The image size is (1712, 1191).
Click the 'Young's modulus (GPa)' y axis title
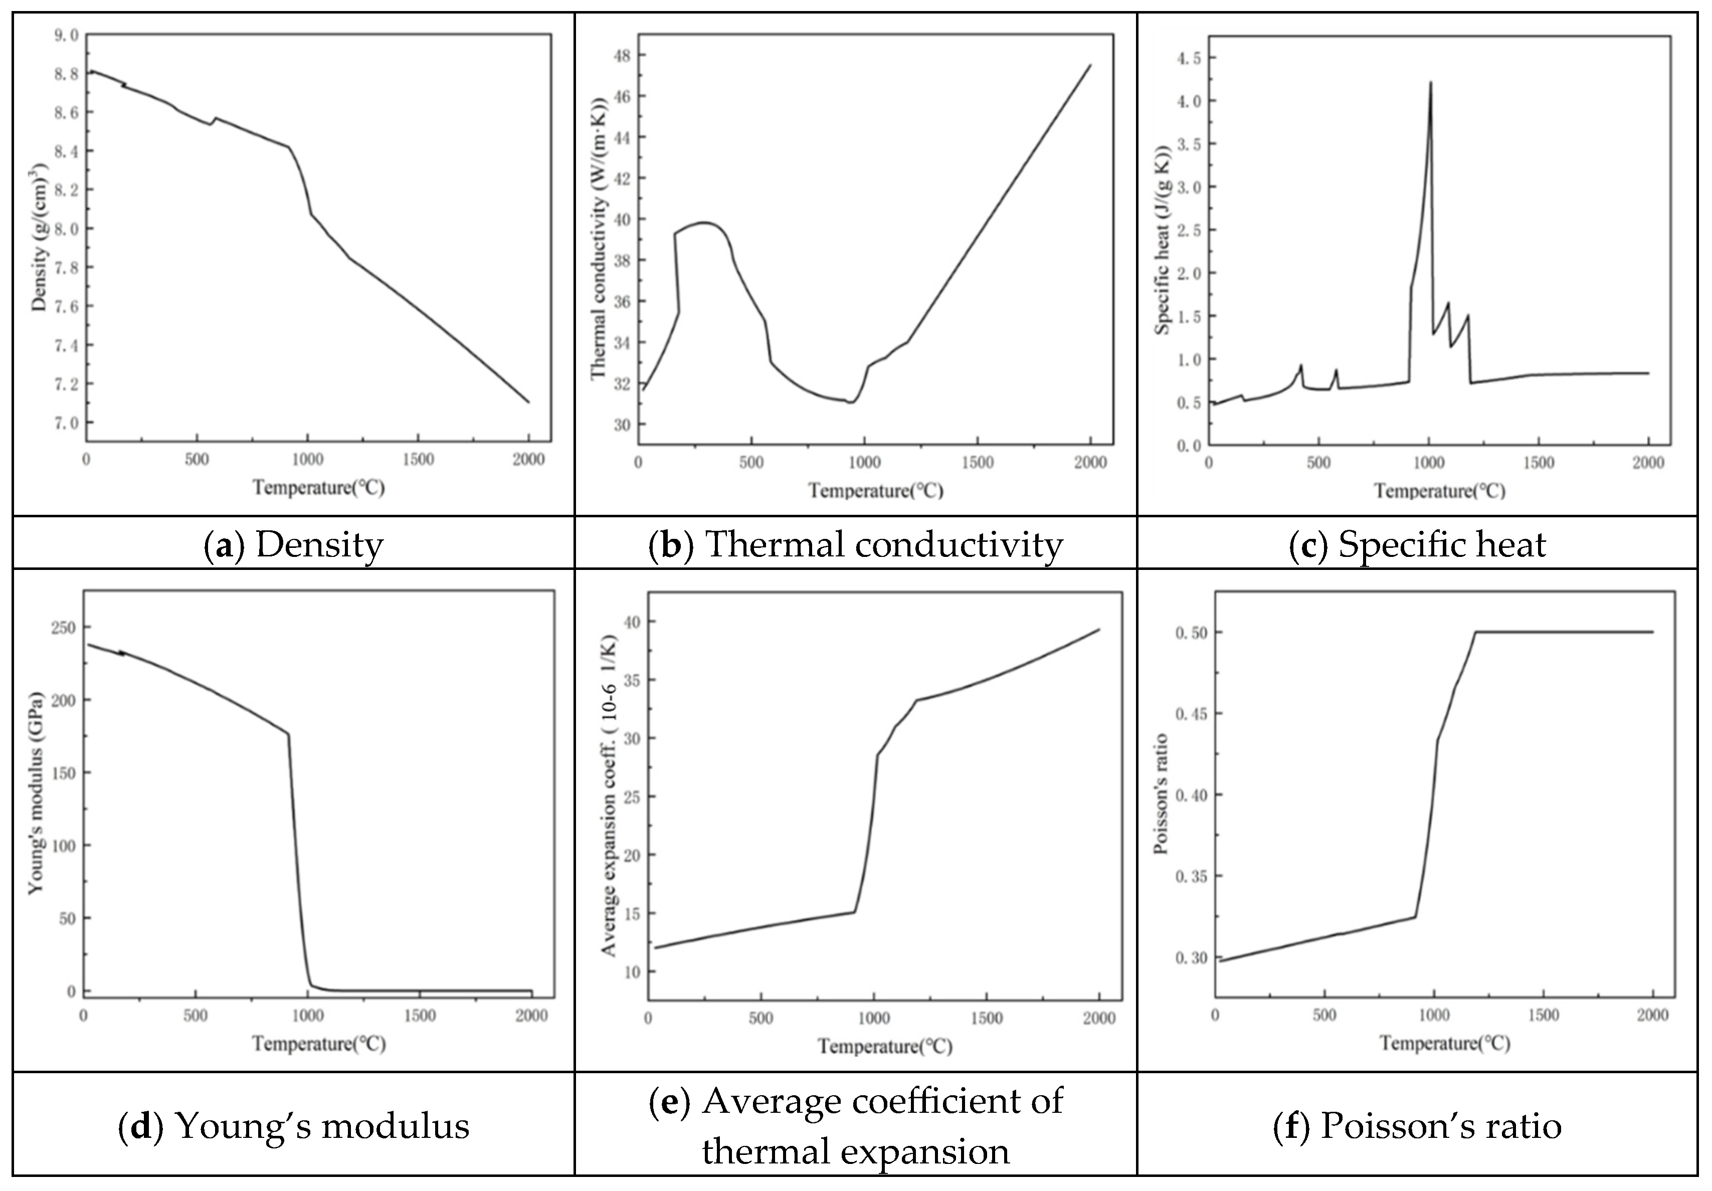click(x=36, y=793)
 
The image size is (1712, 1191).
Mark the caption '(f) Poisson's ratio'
click(x=1417, y=1125)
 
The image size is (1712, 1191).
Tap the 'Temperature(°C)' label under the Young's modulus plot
click(x=318, y=1043)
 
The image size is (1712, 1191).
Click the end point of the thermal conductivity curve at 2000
click(x=1090, y=65)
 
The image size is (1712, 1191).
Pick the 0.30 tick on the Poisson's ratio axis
click(x=1190, y=957)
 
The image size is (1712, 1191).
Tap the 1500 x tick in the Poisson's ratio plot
click(x=1543, y=1016)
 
